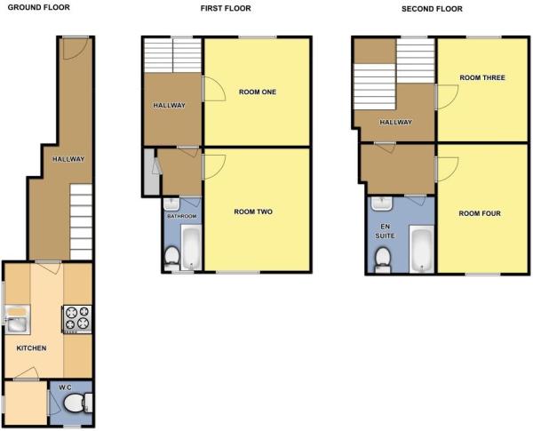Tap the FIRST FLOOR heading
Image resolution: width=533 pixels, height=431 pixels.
pyautogui.click(x=226, y=8)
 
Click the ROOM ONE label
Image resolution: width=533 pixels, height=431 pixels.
pyautogui.click(x=257, y=92)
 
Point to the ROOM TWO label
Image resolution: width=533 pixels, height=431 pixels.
pyautogui.click(x=253, y=212)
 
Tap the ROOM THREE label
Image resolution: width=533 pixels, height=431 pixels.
pyautogui.click(x=482, y=78)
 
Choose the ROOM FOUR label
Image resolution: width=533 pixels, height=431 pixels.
pyautogui.click(x=480, y=213)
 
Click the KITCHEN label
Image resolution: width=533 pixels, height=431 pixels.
pyautogui.click(x=32, y=347)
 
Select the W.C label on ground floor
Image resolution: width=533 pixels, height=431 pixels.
pyautogui.click(x=65, y=387)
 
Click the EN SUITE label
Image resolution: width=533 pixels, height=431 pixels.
pyautogui.click(x=383, y=233)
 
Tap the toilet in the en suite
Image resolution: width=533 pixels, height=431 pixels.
pyautogui.click(x=383, y=259)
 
